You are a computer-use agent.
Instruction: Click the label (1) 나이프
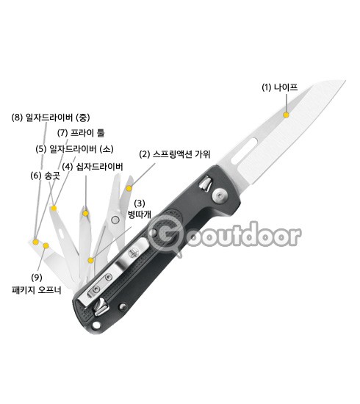pos(280,87)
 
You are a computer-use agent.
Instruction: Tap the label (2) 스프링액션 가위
pos(175,154)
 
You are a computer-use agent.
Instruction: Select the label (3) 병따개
pos(140,209)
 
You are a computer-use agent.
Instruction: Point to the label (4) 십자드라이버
pos(93,167)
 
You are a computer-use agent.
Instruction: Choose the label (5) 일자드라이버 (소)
pos(74,148)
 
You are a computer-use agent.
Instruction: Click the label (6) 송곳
pos(46,176)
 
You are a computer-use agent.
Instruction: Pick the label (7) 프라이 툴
pos(81,133)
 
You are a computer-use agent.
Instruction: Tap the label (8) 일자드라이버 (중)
pos(51,118)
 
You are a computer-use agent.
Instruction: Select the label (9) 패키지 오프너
pos(37,284)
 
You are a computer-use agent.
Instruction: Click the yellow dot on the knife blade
pos(286,115)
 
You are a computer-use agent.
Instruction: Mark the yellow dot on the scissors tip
pos(129,188)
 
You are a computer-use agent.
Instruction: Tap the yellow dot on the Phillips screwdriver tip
pos(85,213)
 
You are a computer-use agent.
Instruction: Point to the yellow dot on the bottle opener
pos(90,261)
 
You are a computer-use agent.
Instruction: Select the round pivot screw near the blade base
pos(220,195)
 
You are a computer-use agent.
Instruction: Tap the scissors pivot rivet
pos(115,220)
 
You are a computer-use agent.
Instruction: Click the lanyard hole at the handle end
pos(96,325)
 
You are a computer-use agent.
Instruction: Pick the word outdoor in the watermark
pos(243,236)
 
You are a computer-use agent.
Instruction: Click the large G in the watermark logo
pos(166,235)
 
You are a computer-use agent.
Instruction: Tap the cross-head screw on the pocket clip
pos(133,253)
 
